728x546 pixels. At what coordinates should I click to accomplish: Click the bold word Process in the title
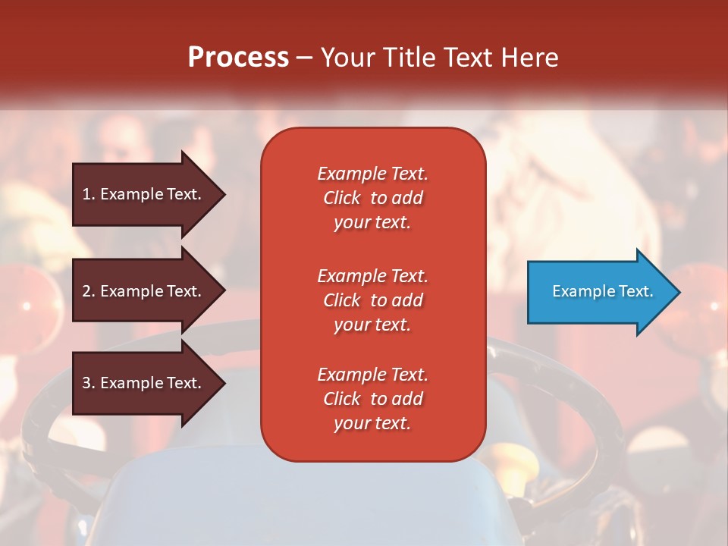tap(238, 58)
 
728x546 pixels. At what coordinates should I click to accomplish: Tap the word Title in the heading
tap(408, 58)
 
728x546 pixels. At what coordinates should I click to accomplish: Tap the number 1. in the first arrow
tap(89, 194)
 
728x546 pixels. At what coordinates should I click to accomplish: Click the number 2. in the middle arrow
tap(89, 291)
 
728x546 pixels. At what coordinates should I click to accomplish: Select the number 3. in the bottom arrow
tap(89, 383)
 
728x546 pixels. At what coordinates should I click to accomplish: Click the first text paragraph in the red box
tap(372, 198)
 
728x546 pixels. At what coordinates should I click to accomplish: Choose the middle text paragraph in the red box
tap(372, 300)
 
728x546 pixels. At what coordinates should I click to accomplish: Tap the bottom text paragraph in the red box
tap(372, 399)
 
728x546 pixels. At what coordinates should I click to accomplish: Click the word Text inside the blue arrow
tap(636, 291)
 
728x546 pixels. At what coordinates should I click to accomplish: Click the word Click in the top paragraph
tap(342, 198)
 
